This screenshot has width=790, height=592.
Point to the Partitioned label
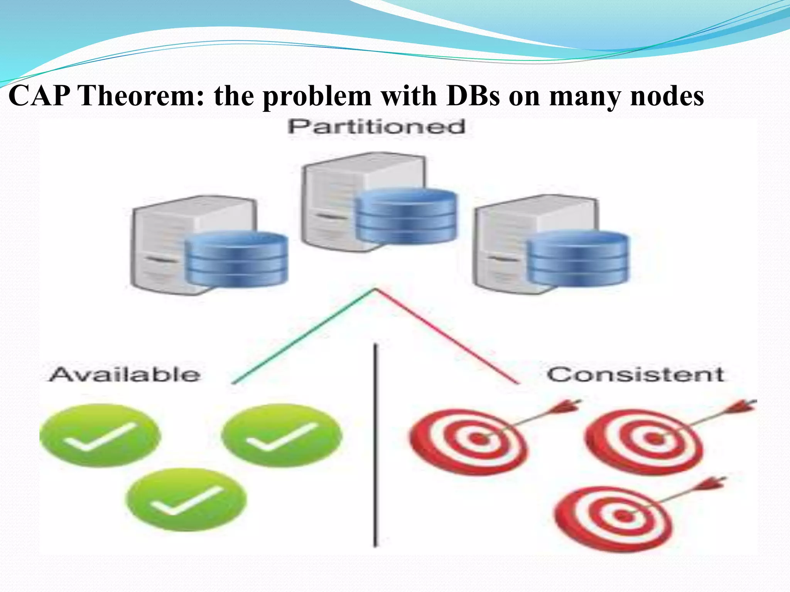tap(376, 127)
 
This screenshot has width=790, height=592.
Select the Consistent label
tap(635, 375)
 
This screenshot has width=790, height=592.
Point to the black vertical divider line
tap(375, 443)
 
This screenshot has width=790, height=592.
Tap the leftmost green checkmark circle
tap(100, 436)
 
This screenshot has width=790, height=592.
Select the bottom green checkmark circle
tap(187, 499)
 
